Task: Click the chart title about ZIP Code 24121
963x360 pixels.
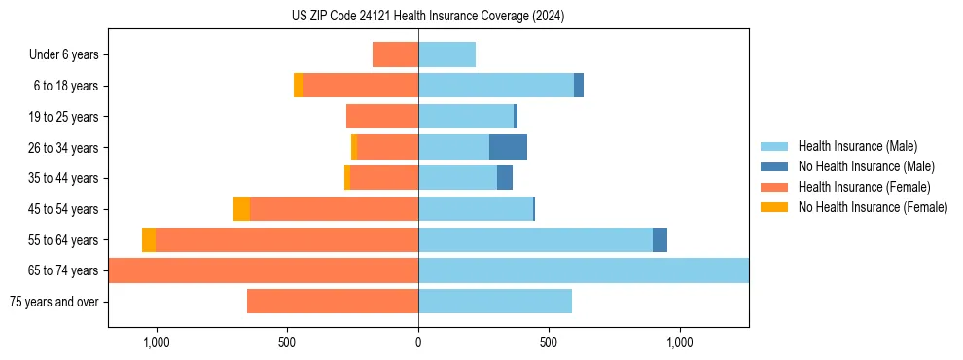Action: coord(428,17)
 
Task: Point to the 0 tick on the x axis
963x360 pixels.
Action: coord(418,342)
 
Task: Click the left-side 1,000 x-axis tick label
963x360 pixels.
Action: coord(157,342)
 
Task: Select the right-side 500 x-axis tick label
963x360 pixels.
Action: coord(549,342)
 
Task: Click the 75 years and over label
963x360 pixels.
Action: coord(53,302)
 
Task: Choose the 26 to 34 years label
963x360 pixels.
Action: coord(64,148)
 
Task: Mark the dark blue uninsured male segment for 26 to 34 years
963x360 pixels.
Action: coord(508,147)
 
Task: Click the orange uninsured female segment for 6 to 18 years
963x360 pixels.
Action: coord(299,86)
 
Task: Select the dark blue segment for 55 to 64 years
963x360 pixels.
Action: coord(660,239)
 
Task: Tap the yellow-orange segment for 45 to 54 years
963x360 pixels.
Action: coord(241,209)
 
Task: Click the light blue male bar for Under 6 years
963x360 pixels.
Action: coord(446,54)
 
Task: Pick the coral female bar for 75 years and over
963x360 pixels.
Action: coord(333,302)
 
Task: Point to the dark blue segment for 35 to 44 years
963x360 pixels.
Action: coord(505,178)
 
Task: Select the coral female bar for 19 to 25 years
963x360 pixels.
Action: coord(382,117)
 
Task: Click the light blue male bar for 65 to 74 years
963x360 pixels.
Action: coord(584,270)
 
